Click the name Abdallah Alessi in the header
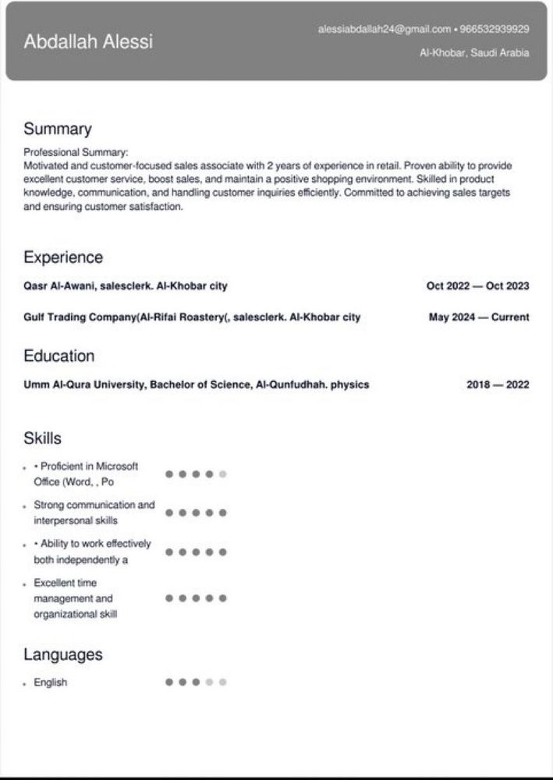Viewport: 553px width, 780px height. point(88,42)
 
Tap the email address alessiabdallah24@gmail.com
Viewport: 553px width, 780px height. point(385,30)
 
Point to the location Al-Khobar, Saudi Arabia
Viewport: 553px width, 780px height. point(474,53)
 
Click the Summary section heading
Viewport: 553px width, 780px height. point(57,129)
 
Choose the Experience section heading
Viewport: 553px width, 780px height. point(63,257)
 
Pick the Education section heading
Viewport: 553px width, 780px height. point(58,356)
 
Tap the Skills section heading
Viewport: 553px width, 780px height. point(42,438)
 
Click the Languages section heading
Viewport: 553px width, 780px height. point(63,654)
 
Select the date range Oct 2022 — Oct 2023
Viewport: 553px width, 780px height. point(477,286)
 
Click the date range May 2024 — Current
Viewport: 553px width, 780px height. point(479,317)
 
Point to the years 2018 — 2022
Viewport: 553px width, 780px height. point(498,385)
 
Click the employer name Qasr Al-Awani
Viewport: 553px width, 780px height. point(59,286)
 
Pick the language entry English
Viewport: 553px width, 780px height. point(51,682)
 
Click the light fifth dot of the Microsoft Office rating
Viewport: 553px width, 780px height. point(222,474)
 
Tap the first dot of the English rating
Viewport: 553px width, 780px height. point(169,682)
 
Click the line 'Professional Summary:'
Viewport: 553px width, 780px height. point(76,153)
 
